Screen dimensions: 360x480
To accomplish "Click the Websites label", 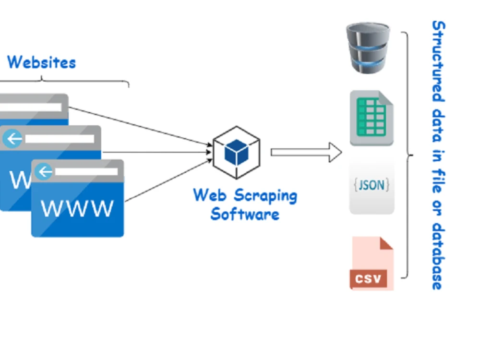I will [41, 62].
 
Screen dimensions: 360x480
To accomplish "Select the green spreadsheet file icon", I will [372, 118].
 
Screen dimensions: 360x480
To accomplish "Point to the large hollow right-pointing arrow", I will [306, 152].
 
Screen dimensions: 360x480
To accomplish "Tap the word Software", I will [245, 214].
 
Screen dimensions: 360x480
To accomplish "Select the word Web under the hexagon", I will [209, 195].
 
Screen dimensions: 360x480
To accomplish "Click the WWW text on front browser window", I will [77, 208].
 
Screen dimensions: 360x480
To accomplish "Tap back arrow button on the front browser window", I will [45, 171].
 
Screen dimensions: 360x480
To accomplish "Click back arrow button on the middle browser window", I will [12, 139].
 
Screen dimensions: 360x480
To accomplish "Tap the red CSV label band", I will [369, 278].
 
